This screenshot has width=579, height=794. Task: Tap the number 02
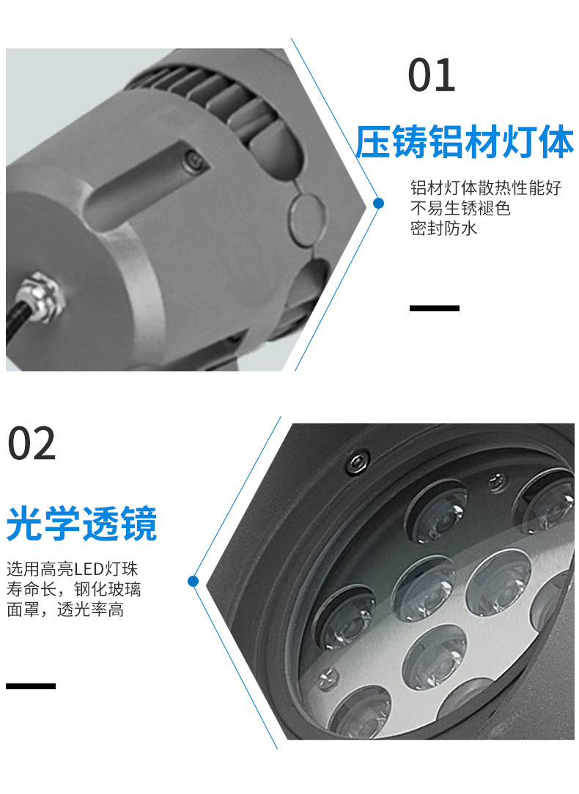[x=32, y=444]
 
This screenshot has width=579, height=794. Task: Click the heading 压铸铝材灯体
[x=465, y=142]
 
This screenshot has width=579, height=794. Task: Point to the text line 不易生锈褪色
[x=460, y=208]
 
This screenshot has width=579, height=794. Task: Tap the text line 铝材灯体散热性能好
[x=485, y=188]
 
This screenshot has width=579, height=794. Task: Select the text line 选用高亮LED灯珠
[x=72, y=569]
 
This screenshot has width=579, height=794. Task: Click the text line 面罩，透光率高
[x=64, y=609]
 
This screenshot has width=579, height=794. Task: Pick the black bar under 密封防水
[x=434, y=308]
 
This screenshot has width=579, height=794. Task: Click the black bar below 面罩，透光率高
[x=31, y=686]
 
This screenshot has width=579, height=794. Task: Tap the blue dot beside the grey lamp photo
[x=378, y=203]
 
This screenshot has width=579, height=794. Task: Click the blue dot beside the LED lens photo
[x=193, y=582]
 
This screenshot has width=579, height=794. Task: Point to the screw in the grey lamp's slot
[x=193, y=157]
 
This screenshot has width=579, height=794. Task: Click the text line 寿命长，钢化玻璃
[x=73, y=589]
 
